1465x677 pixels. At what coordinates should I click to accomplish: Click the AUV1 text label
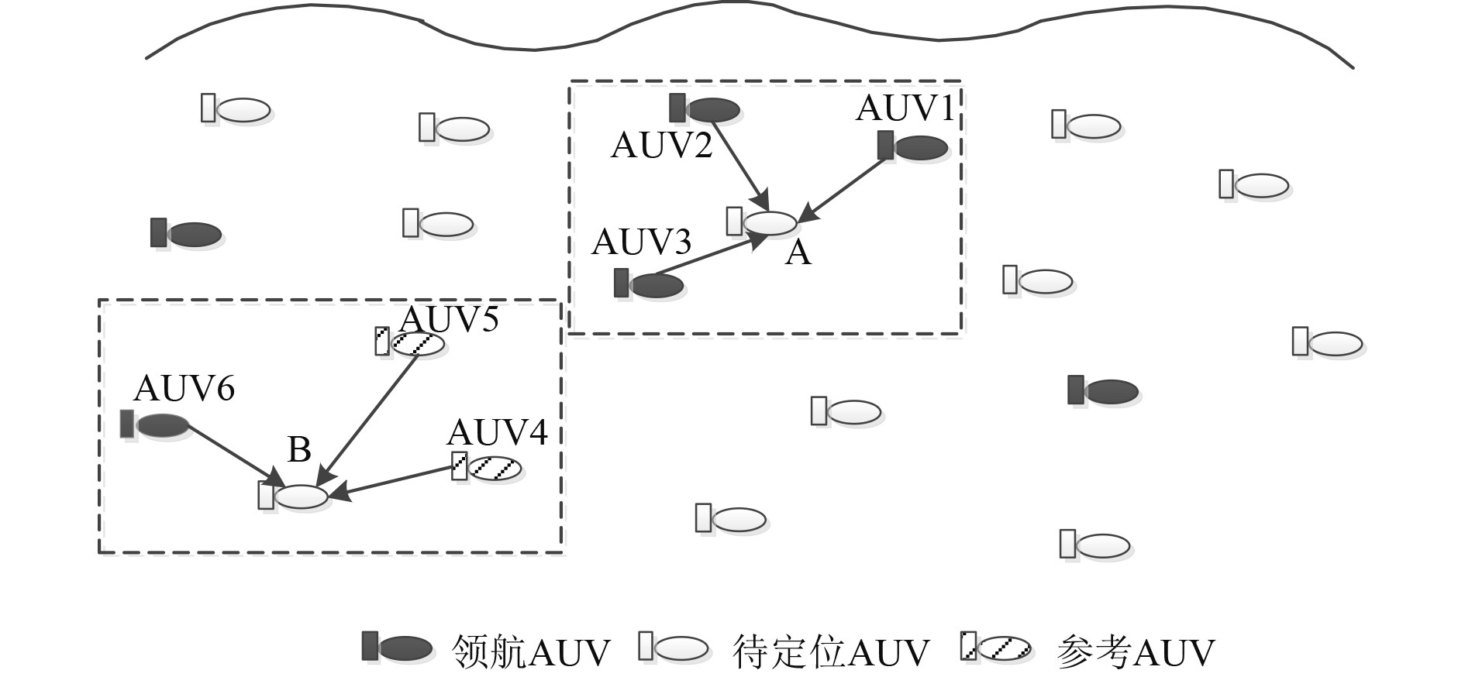[905, 108]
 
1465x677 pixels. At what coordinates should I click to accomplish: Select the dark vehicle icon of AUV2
[705, 109]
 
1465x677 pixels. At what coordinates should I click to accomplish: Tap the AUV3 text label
[641, 242]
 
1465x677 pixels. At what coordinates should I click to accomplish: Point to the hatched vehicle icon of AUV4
[488, 468]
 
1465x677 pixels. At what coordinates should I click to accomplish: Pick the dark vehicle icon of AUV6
[155, 424]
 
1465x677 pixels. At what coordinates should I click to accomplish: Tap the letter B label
[299, 449]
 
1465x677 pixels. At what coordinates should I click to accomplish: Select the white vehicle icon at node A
[763, 222]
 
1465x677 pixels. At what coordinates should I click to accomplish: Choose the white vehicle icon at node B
[294, 496]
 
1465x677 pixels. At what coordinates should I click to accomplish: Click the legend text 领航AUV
[531, 652]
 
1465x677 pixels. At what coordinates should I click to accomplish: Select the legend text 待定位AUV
[830, 652]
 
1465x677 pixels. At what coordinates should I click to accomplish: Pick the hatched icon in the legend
[996, 647]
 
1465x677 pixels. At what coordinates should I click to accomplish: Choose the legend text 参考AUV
[1136, 652]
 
